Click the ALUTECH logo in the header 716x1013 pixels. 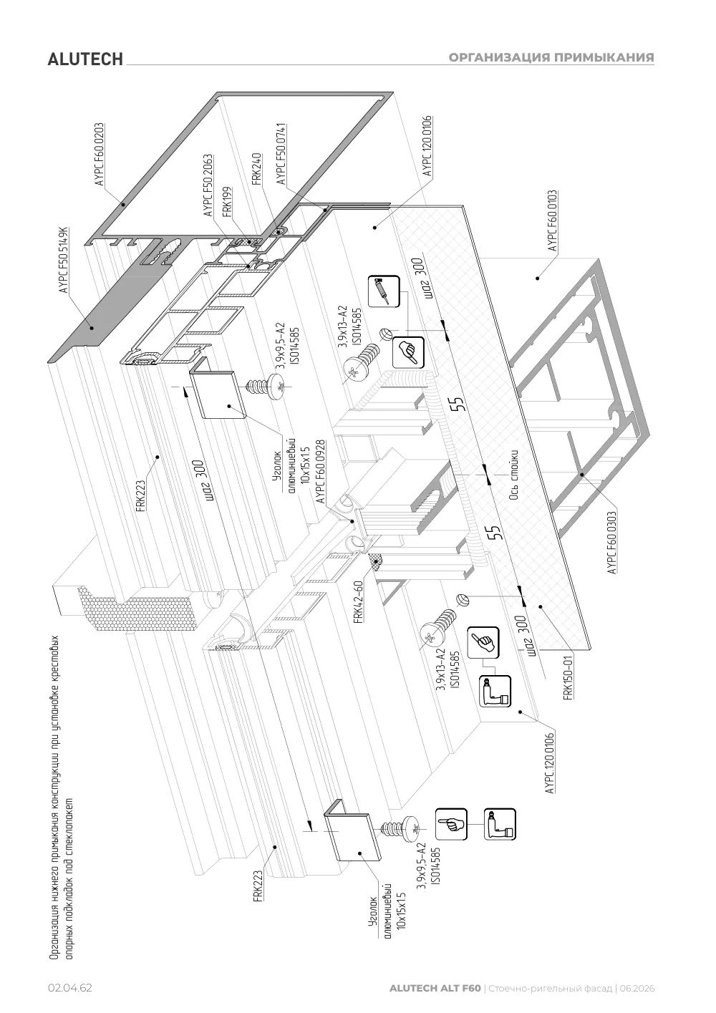(85, 59)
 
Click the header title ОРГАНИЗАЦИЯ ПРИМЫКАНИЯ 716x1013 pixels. (551, 57)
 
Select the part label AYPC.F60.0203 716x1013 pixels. (100, 155)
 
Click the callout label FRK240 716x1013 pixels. (257, 169)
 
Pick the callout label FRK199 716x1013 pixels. (227, 203)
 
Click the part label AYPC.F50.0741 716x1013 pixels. (281, 154)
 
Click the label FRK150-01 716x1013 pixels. (568, 677)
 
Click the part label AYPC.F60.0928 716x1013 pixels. (321, 472)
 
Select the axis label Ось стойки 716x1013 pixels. (513, 475)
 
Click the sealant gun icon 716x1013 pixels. (384, 291)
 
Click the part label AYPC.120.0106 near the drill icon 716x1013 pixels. (550, 763)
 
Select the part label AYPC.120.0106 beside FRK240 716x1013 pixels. (427, 147)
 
